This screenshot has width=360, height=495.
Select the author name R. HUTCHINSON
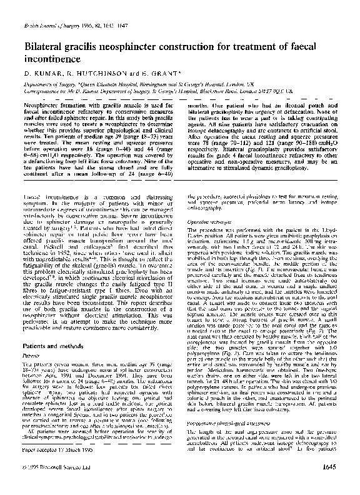(89, 73)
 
